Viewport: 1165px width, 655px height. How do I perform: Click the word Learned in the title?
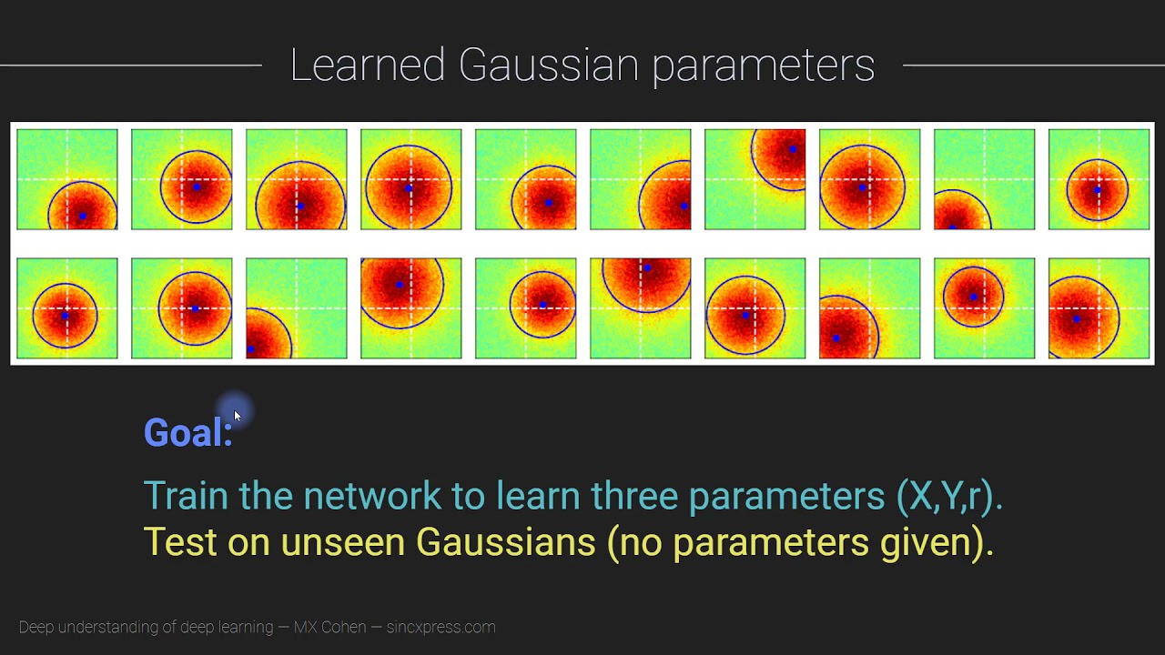click(368, 65)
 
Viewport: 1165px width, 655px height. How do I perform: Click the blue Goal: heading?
click(187, 433)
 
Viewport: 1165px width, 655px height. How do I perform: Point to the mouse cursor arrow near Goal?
click(237, 416)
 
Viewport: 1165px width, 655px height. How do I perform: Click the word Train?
click(187, 496)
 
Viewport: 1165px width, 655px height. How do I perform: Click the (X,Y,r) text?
click(949, 497)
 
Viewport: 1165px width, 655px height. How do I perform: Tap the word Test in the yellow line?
click(180, 542)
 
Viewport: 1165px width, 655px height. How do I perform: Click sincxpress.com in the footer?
click(441, 628)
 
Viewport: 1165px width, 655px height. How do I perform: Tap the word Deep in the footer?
click(36, 627)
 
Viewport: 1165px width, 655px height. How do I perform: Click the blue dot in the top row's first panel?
click(83, 216)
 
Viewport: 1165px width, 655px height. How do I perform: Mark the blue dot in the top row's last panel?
click(1098, 190)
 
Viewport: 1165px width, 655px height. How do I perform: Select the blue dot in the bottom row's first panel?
click(65, 316)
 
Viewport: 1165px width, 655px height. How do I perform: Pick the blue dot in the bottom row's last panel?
click(1077, 318)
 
